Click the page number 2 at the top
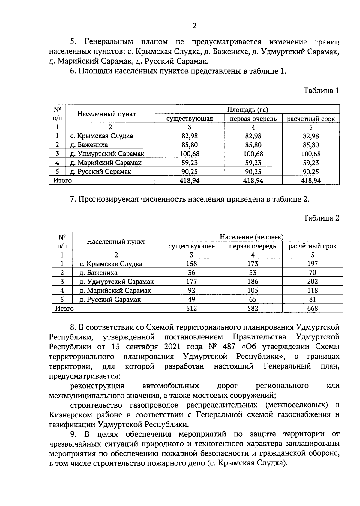194,26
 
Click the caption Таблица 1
321,91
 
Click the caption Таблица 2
321,218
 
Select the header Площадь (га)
247,110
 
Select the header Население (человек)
252,237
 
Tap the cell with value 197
312,264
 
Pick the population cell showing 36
191,273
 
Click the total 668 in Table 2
312,308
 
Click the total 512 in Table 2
191,308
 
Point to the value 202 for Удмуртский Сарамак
312,282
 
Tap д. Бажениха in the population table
98,273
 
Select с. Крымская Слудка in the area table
101,136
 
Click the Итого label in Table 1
62,181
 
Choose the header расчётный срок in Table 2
312,246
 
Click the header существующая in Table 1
190,119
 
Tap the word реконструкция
97,386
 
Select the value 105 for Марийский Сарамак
253,291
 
